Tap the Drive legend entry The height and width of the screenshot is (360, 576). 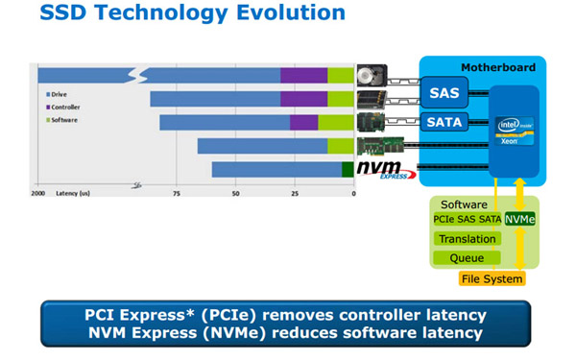point(58,94)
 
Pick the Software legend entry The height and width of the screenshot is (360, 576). point(62,120)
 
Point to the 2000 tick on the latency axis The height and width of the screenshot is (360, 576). point(38,193)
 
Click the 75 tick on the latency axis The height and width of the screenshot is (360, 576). point(176,193)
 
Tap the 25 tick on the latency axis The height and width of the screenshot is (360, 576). point(294,193)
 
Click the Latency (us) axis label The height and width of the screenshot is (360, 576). point(73,193)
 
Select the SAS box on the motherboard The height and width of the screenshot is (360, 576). point(443,92)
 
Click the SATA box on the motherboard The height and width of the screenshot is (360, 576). point(443,122)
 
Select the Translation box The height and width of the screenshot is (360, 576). point(468,238)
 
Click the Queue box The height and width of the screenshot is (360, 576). point(468,257)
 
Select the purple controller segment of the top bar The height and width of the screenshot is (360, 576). point(303,76)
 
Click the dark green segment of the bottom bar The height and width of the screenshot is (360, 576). point(348,170)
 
